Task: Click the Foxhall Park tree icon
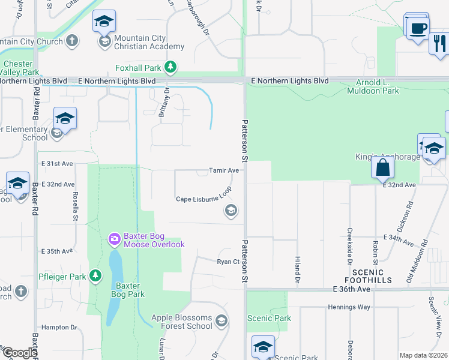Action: pos(171,67)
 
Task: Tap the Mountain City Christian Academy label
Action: pos(149,42)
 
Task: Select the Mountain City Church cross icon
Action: pos(72,41)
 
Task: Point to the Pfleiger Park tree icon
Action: pos(95,276)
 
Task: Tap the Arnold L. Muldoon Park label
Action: pos(373,86)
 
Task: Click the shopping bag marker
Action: pos(383,168)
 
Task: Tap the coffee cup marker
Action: pos(418,28)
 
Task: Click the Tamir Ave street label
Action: pos(224,170)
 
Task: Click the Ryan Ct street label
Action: pos(228,262)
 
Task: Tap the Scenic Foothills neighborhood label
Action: pos(369,276)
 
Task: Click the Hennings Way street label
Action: pos(349,307)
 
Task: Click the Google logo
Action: pos(20,353)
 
